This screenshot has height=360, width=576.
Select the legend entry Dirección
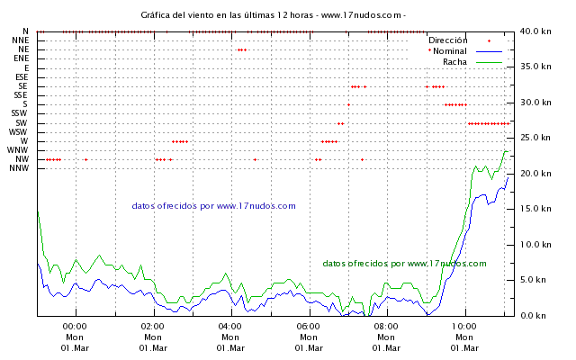coord(447,40)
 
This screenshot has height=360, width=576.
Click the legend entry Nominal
coord(450,51)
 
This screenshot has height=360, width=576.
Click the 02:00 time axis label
coord(152,327)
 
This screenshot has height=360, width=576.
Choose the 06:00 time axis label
coord(308,327)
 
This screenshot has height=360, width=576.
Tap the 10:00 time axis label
coord(464,327)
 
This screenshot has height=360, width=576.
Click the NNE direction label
coord(20,40)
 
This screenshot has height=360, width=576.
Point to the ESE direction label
coord(21,77)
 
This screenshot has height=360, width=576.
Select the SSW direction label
coord(20,113)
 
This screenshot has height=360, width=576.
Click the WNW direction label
coord(18,150)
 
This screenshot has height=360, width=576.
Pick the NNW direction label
coord(20,168)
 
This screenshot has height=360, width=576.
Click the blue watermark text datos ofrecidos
coord(213,206)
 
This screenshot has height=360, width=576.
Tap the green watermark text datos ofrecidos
coord(404,264)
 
